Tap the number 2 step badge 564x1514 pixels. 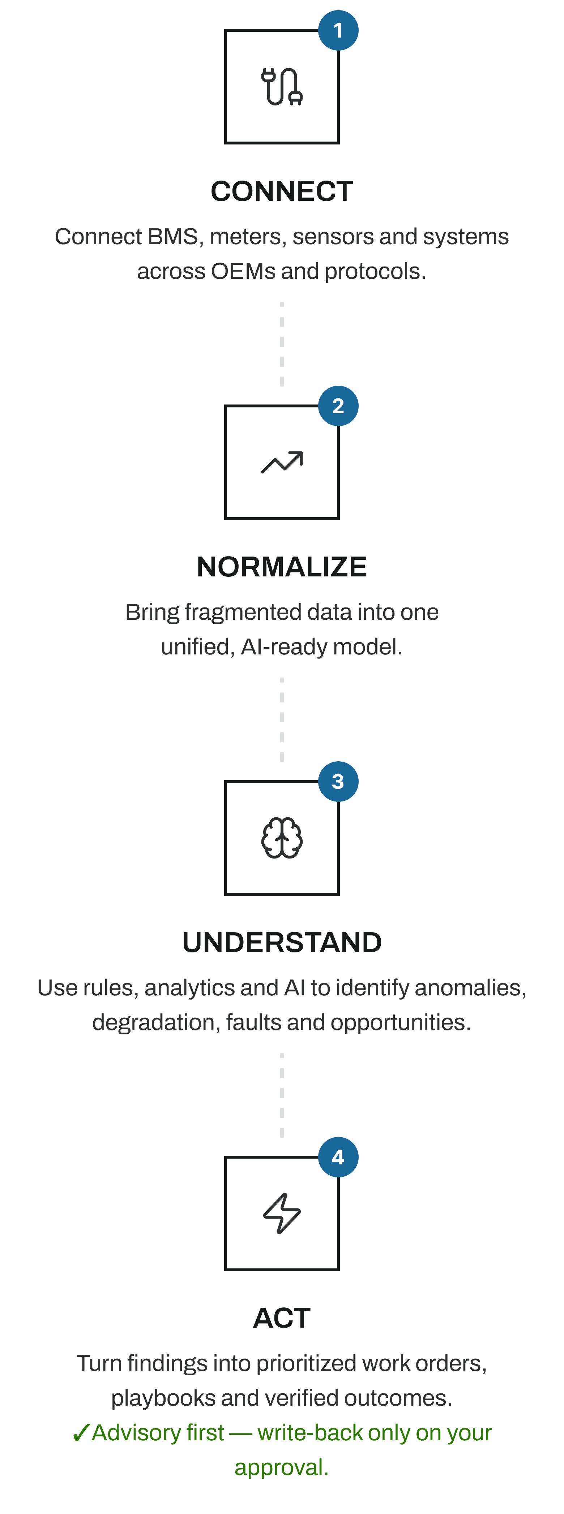[x=338, y=406]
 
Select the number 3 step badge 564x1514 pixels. [x=338, y=782]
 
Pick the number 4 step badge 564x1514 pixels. [x=338, y=1157]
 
